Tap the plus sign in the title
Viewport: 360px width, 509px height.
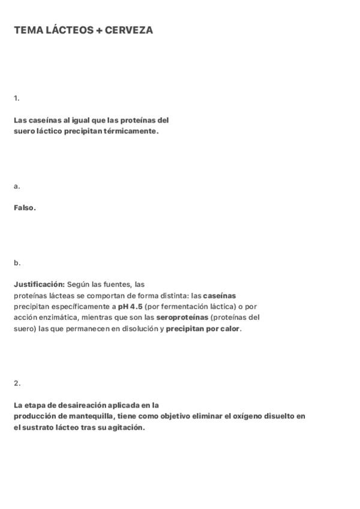99,30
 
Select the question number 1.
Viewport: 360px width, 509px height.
16,98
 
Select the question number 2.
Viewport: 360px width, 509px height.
17,383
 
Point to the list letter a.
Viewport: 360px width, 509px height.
16,186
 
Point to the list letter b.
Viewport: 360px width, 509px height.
17,263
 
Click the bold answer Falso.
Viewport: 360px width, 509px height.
25,208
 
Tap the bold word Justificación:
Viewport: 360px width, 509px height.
39,285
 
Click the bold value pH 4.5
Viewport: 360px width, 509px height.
130,307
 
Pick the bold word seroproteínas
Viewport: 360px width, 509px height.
182,318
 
